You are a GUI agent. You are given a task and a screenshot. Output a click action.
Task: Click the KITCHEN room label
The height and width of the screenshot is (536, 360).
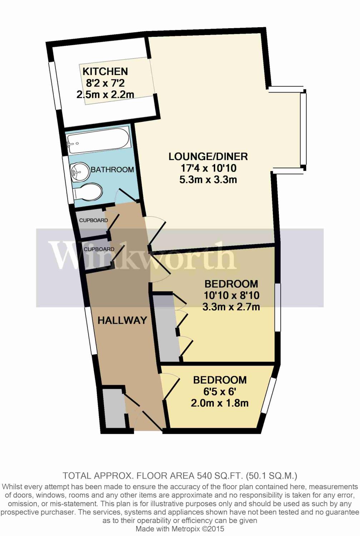click(105, 71)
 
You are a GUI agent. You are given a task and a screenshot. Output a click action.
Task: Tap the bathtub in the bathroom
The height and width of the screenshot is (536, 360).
click(98, 141)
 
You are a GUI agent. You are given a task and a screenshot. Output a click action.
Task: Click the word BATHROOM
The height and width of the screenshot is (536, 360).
click(112, 170)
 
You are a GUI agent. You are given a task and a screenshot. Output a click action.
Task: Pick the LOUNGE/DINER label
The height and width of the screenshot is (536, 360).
click(208, 157)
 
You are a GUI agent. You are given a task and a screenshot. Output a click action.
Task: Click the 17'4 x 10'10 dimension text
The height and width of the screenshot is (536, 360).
click(208, 168)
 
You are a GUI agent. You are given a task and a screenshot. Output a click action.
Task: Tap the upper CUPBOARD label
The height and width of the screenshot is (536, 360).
click(93, 220)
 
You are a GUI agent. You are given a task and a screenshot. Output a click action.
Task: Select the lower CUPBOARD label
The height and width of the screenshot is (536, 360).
click(99, 249)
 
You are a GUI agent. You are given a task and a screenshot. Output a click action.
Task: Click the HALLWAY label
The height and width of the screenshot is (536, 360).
click(122, 320)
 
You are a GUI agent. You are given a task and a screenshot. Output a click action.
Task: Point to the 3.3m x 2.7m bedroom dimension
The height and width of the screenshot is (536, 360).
click(231, 307)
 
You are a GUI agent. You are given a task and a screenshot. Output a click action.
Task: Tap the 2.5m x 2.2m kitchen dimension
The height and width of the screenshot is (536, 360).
click(105, 95)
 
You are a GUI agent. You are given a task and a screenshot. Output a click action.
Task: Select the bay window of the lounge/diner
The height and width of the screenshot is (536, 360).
click(303, 129)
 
